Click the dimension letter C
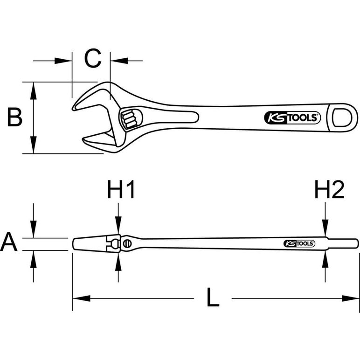click(x=93, y=58)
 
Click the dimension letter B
click(x=15, y=117)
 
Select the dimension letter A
click(x=9, y=242)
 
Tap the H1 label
click(x=121, y=189)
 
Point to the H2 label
click(x=330, y=189)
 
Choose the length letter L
click(x=213, y=297)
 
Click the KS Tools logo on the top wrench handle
click(x=292, y=118)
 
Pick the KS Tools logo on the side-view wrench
click(x=299, y=243)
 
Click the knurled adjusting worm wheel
click(x=129, y=118)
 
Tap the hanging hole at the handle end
click(x=342, y=118)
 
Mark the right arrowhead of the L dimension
click(x=350, y=298)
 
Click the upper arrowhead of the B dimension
click(x=34, y=90)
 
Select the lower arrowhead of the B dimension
click(x=34, y=145)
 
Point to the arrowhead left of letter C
click(x=63, y=61)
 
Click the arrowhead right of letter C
click(x=119, y=61)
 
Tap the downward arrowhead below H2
click(x=325, y=228)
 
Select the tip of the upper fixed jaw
click(x=73, y=109)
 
